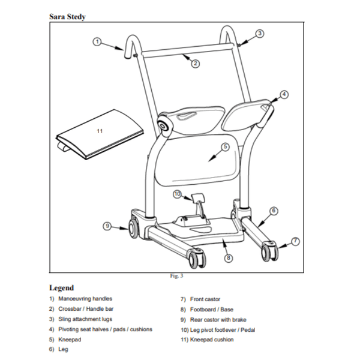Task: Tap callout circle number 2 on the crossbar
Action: (x=196, y=62)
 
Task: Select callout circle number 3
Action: (x=259, y=34)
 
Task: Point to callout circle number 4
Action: (x=284, y=94)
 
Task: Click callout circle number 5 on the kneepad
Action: (x=225, y=146)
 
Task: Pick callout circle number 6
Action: (x=274, y=211)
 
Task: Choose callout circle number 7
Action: (x=295, y=241)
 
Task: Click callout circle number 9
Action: (x=107, y=226)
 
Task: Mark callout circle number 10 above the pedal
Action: (x=177, y=194)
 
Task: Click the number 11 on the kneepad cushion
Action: (x=100, y=130)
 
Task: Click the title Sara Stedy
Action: (x=67, y=16)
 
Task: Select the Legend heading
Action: (x=61, y=288)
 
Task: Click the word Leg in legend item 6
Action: (x=64, y=350)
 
